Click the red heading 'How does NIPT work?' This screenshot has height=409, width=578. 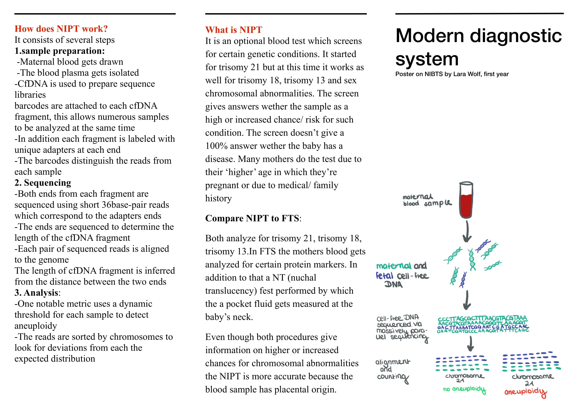[x=61, y=29]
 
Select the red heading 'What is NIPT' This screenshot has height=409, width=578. [x=233, y=30]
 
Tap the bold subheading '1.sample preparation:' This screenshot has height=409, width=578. [x=59, y=51]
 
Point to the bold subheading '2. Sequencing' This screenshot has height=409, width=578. [x=43, y=183]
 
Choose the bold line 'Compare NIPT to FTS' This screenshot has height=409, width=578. [x=253, y=218]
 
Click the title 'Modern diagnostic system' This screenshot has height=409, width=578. [x=478, y=47]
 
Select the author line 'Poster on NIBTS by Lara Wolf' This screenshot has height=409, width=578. [x=452, y=74]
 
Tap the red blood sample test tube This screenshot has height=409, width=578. [x=466, y=200]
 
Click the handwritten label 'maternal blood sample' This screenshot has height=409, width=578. [x=427, y=200]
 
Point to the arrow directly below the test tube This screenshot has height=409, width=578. [x=467, y=231]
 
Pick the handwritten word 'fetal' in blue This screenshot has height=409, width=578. [x=384, y=275]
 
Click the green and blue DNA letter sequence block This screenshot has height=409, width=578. [x=483, y=325]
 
